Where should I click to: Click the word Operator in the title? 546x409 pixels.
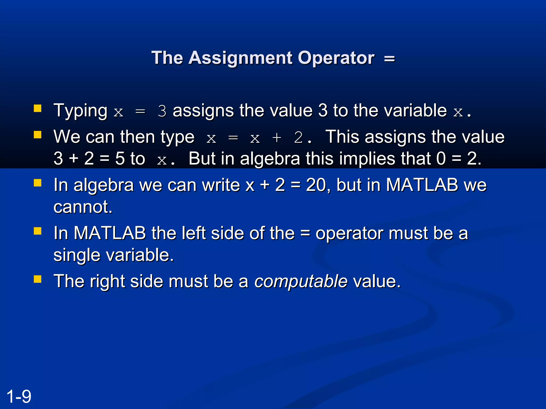pyautogui.click(x=336, y=58)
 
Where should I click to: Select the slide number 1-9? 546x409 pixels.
pyautogui.click(x=19, y=396)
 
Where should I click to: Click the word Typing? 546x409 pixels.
pyautogui.click(x=80, y=111)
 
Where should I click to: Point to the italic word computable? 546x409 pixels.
pyautogui.click(x=301, y=281)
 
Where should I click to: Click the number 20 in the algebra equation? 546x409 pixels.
pyautogui.click(x=316, y=185)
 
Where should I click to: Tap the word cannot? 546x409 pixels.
pyautogui.click(x=83, y=207)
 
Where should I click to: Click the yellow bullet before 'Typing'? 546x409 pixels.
pyautogui.click(x=38, y=108)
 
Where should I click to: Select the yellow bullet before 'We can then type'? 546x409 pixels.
pyautogui.click(x=38, y=135)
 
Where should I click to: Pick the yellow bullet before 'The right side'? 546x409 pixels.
pyautogui.click(x=38, y=279)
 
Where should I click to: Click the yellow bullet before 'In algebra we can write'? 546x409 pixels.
pyautogui.click(x=38, y=183)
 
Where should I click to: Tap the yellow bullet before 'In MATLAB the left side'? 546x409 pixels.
pyautogui.click(x=38, y=231)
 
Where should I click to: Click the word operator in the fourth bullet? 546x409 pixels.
pyautogui.click(x=349, y=233)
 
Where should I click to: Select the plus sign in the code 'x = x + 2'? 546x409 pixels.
pyautogui.click(x=277, y=138)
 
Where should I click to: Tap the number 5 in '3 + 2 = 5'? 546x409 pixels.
pyautogui.click(x=120, y=159)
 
